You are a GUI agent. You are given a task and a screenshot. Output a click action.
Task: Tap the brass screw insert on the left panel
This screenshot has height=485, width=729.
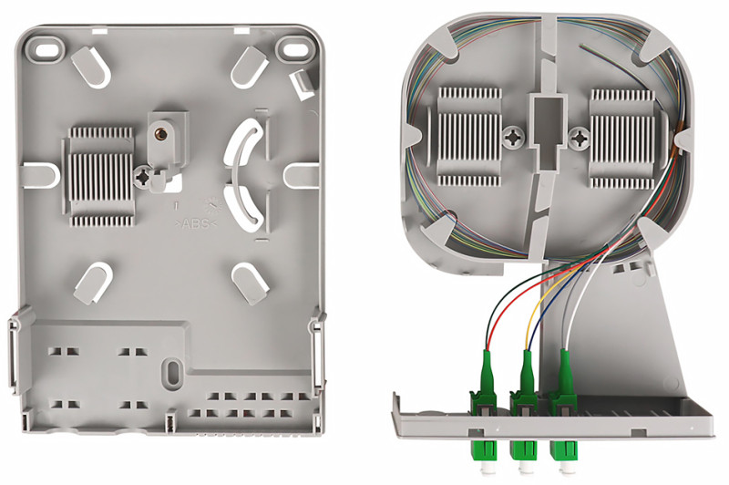coord(161,133)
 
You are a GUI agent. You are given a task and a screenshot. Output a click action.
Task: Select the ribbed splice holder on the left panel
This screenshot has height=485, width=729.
coord(98,177)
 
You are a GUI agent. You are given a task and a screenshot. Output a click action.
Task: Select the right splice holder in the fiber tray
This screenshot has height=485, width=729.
coord(623,133)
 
